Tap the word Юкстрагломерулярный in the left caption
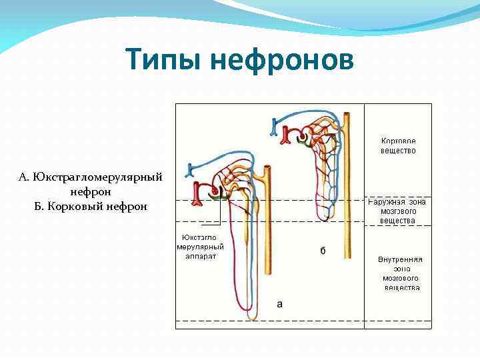pos(91,177)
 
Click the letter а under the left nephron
pos(279,303)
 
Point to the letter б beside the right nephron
pos(323,251)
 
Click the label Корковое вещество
pos(399,146)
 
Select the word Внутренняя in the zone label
pos(400,259)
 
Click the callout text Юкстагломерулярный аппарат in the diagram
pos(200,247)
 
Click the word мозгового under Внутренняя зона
pos(400,278)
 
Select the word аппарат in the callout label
pos(200,256)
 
